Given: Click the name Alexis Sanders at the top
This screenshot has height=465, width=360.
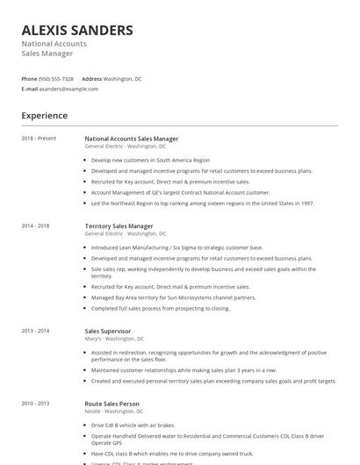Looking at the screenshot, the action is pos(77,30).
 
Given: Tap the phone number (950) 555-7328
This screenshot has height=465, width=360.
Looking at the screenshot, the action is pos(56,78).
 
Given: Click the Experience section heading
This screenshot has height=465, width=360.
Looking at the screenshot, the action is pos(44,115).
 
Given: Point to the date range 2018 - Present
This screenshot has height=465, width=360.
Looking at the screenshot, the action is pos(39,139).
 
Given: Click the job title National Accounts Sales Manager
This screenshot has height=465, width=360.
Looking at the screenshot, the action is pos(131,139).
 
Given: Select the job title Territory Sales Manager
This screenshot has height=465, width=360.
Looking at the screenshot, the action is pos(119,226).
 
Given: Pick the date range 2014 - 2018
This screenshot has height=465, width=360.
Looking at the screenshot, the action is pos(35,226).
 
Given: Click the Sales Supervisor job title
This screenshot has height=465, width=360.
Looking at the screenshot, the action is pos(108,331).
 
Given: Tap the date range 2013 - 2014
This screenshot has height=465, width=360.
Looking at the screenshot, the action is pos(35,331).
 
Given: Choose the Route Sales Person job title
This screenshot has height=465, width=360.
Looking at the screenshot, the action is pos(112,404).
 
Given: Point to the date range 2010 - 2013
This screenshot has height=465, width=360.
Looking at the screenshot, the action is pos(35,404).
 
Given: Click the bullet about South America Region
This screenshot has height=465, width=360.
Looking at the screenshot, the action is pos(150,161).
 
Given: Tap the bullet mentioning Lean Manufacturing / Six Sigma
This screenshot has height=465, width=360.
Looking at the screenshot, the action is pos(176,248).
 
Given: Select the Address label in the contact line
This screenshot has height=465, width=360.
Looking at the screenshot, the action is pos(92,78).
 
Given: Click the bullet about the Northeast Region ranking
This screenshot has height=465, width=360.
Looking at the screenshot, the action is pos(202,203).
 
